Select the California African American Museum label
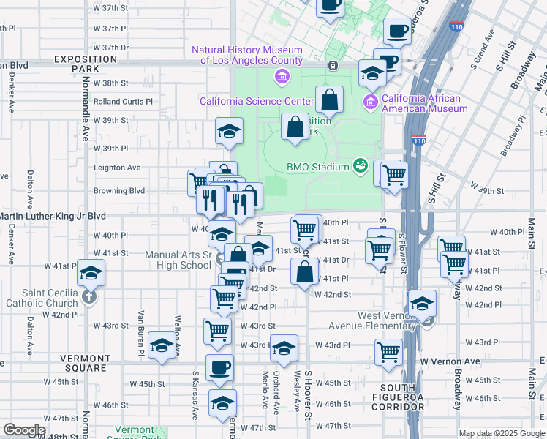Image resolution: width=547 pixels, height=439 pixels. pyautogui.click(x=424, y=104)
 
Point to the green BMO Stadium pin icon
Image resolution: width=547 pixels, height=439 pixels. pyautogui.click(x=360, y=166)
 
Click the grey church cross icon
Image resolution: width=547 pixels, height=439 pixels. pyautogui.click(x=88, y=297)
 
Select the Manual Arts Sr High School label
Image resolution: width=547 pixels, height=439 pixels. pyautogui.click(x=184, y=260)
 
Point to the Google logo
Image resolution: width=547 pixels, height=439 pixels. pyautogui.click(x=24, y=430)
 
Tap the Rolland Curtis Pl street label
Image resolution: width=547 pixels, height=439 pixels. pyautogui.click(x=123, y=102)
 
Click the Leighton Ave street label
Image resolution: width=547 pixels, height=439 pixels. pyautogui.click(x=117, y=168)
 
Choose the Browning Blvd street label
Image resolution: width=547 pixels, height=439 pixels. pyautogui.click(x=119, y=191)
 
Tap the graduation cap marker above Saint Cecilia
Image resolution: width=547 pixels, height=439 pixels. pyautogui.click(x=91, y=274)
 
